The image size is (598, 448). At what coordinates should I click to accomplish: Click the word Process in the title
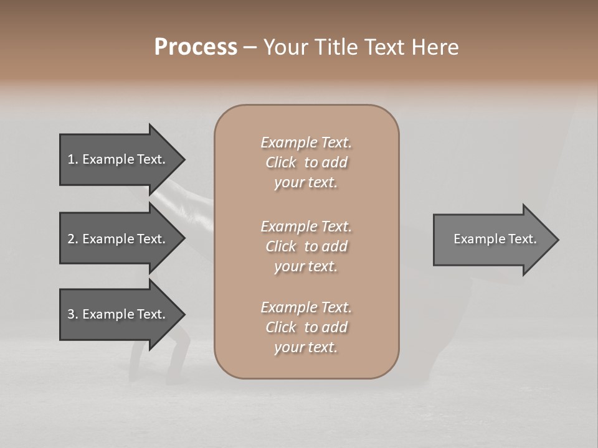(196, 47)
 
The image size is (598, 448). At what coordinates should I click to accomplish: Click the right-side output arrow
(492, 239)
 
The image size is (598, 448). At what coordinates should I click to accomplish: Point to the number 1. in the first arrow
(72, 159)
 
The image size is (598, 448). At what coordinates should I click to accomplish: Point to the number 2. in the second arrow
(72, 239)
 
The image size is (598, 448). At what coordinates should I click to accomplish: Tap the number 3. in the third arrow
(72, 314)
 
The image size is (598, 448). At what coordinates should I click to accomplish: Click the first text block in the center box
(306, 162)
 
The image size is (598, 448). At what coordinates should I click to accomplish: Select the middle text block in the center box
(306, 246)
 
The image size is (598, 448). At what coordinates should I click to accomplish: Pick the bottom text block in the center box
(306, 327)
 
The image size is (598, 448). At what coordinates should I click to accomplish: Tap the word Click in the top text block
(280, 162)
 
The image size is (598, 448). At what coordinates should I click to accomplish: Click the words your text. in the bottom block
(306, 347)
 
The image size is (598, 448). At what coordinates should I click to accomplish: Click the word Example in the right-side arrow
(475, 239)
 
